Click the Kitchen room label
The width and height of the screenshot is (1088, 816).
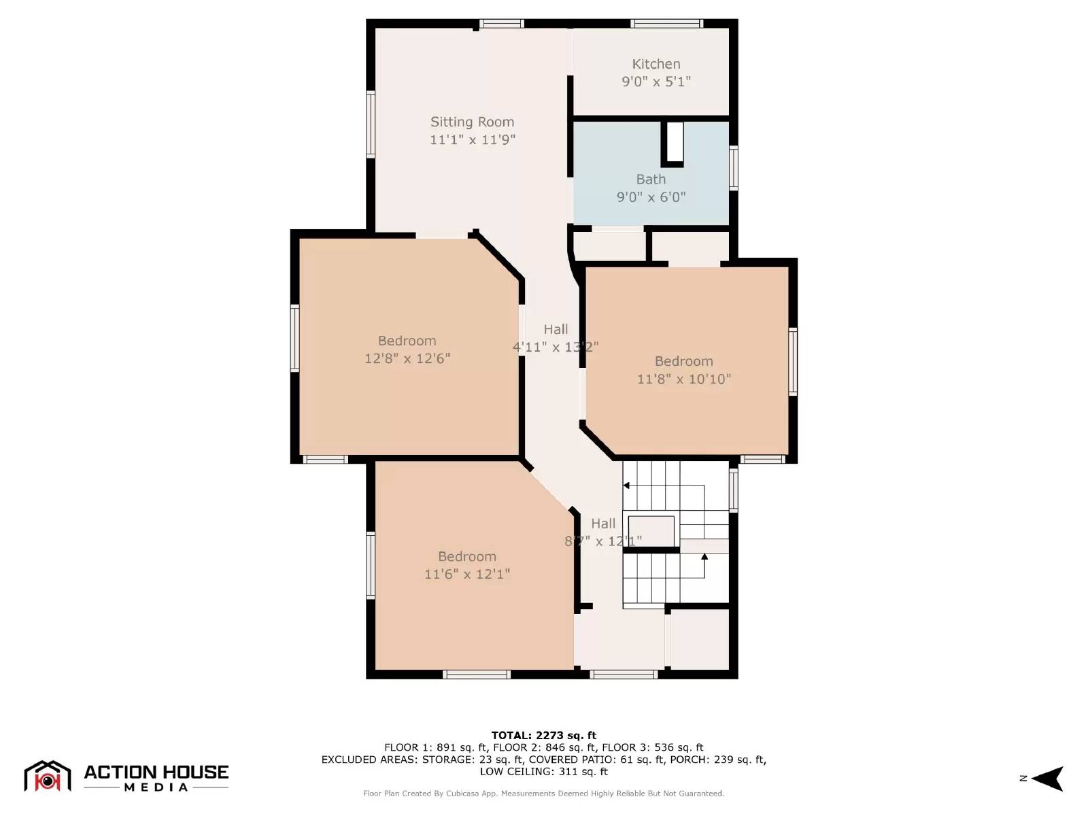pyautogui.click(x=656, y=64)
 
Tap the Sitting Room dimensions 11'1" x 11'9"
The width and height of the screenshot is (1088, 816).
pyautogui.click(x=472, y=139)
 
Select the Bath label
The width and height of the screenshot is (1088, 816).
pyautogui.click(x=651, y=180)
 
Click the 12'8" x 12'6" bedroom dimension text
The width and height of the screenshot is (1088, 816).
pyautogui.click(x=407, y=358)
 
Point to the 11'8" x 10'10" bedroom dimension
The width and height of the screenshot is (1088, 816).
pyautogui.click(x=683, y=379)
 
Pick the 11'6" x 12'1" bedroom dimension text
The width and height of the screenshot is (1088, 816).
pyautogui.click(x=466, y=574)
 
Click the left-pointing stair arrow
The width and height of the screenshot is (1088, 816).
pyautogui.click(x=627, y=486)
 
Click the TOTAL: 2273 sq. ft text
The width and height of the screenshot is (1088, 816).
pyautogui.click(x=543, y=735)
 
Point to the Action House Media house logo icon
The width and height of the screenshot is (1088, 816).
pyautogui.click(x=48, y=777)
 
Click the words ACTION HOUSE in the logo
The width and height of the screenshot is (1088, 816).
pyautogui.click(x=156, y=772)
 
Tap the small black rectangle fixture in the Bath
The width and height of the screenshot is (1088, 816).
pyautogui.click(x=674, y=143)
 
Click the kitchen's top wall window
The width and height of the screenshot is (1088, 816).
pyautogui.click(x=666, y=24)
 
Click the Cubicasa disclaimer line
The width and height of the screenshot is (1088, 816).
pyautogui.click(x=543, y=794)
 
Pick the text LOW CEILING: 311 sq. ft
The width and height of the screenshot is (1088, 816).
pyautogui.click(x=543, y=771)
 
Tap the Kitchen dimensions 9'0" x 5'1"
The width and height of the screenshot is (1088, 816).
pyautogui.click(x=656, y=82)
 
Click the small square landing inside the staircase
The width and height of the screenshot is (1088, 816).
pyautogui.click(x=651, y=530)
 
